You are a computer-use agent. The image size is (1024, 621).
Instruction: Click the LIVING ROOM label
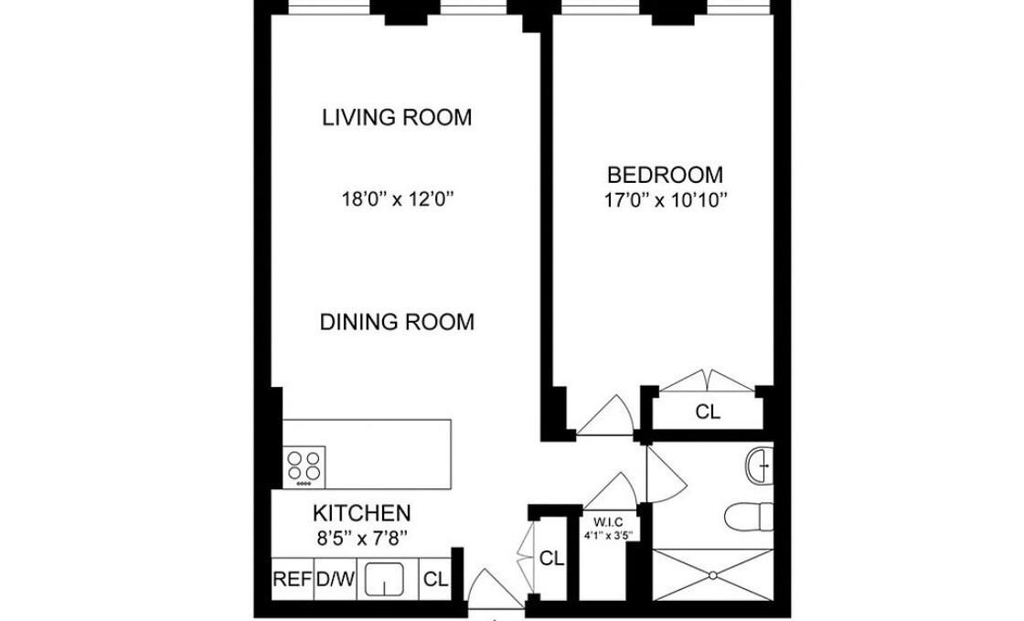(x=397, y=118)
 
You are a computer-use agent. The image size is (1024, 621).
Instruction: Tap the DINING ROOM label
(x=397, y=322)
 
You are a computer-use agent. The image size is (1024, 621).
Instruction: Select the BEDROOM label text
(x=666, y=175)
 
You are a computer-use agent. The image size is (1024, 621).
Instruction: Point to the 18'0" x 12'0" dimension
(x=397, y=198)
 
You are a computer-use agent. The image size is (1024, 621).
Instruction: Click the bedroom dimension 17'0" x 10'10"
(x=666, y=199)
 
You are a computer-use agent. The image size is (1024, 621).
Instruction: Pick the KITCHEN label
(x=362, y=512)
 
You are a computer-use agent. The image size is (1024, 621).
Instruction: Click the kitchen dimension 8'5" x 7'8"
(x=362, y=538)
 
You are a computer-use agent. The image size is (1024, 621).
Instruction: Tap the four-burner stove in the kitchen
(x=304, y=466)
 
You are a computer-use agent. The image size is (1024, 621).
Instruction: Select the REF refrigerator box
(x=293, y=579)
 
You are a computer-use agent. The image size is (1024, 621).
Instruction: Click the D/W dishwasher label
(x=335, y=579)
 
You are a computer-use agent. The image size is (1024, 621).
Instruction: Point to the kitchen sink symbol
(x=384, y=579)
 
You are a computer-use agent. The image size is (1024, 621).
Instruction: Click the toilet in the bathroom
(x=750, y=517)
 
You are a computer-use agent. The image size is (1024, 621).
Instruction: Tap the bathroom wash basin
(x=760, y=466)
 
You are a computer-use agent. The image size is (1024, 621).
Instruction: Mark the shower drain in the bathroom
(x=713, y=574)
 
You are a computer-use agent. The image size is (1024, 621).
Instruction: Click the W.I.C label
(x=608, y=522)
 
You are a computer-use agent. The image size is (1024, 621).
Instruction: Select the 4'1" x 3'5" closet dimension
(x=608, y=536)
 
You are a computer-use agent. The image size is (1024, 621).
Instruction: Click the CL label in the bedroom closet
(x=708, y=412)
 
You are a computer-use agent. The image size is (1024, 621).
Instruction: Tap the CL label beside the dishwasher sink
(x=436, y=579)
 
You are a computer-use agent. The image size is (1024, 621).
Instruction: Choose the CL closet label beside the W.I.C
(x=552, y=558)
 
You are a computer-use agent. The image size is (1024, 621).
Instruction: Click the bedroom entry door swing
(x=605, y=415)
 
